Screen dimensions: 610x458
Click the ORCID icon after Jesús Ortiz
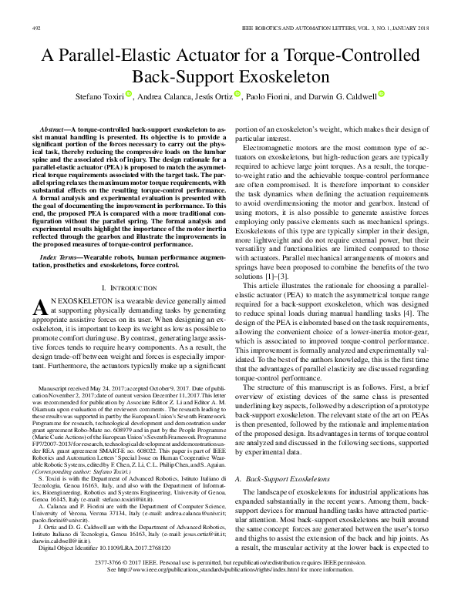[238, 96]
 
